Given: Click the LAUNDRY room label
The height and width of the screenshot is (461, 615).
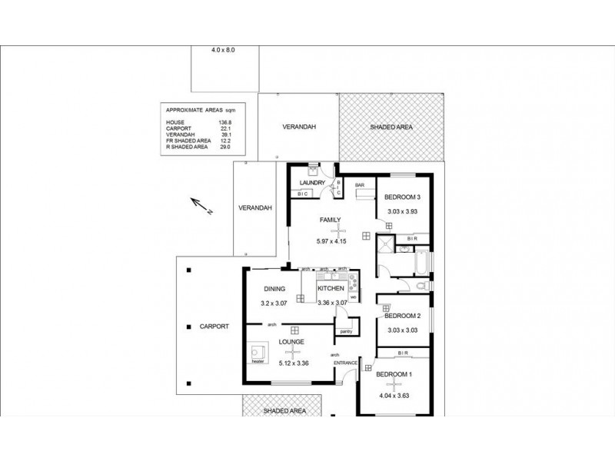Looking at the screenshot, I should (313, 182).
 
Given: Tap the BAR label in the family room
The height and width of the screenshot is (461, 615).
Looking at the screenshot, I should (359, 185).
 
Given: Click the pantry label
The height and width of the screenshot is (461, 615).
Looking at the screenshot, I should (347, 331).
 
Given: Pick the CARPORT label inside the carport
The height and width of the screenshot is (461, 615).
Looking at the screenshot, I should (214, 327).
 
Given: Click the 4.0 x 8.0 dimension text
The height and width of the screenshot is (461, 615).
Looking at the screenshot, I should (223, 50).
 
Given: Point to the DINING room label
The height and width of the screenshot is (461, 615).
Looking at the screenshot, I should (274, 290).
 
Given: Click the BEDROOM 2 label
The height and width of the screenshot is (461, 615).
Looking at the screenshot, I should (402, 316).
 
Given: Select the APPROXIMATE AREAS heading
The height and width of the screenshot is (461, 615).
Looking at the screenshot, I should (196, 110).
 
